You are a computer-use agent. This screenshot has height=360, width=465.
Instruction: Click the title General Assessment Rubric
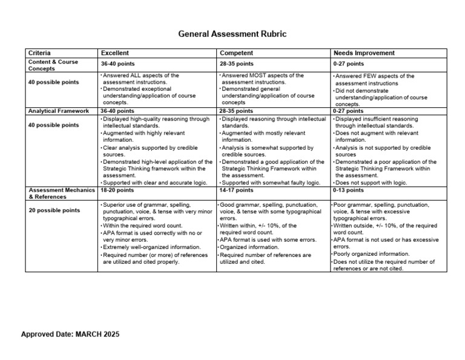tap(232, 34)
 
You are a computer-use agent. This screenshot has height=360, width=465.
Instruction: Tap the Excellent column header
tap(115, 53)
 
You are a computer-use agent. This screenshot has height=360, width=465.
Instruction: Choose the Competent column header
tap(237, 53)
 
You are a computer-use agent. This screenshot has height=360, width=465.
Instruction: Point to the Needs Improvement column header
tap(364, 53)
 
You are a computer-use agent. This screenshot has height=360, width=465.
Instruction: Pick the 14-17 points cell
tap(237, 190)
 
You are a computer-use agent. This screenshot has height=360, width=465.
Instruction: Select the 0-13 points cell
tap(348, 190)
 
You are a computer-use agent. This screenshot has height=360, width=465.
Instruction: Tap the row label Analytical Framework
tap(59, 111)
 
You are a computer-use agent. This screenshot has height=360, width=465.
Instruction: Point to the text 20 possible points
tap(54, 210)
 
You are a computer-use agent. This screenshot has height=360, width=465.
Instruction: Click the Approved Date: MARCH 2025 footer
tap(70, 335)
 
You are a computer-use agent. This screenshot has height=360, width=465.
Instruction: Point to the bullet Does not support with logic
tap(371, 182)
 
